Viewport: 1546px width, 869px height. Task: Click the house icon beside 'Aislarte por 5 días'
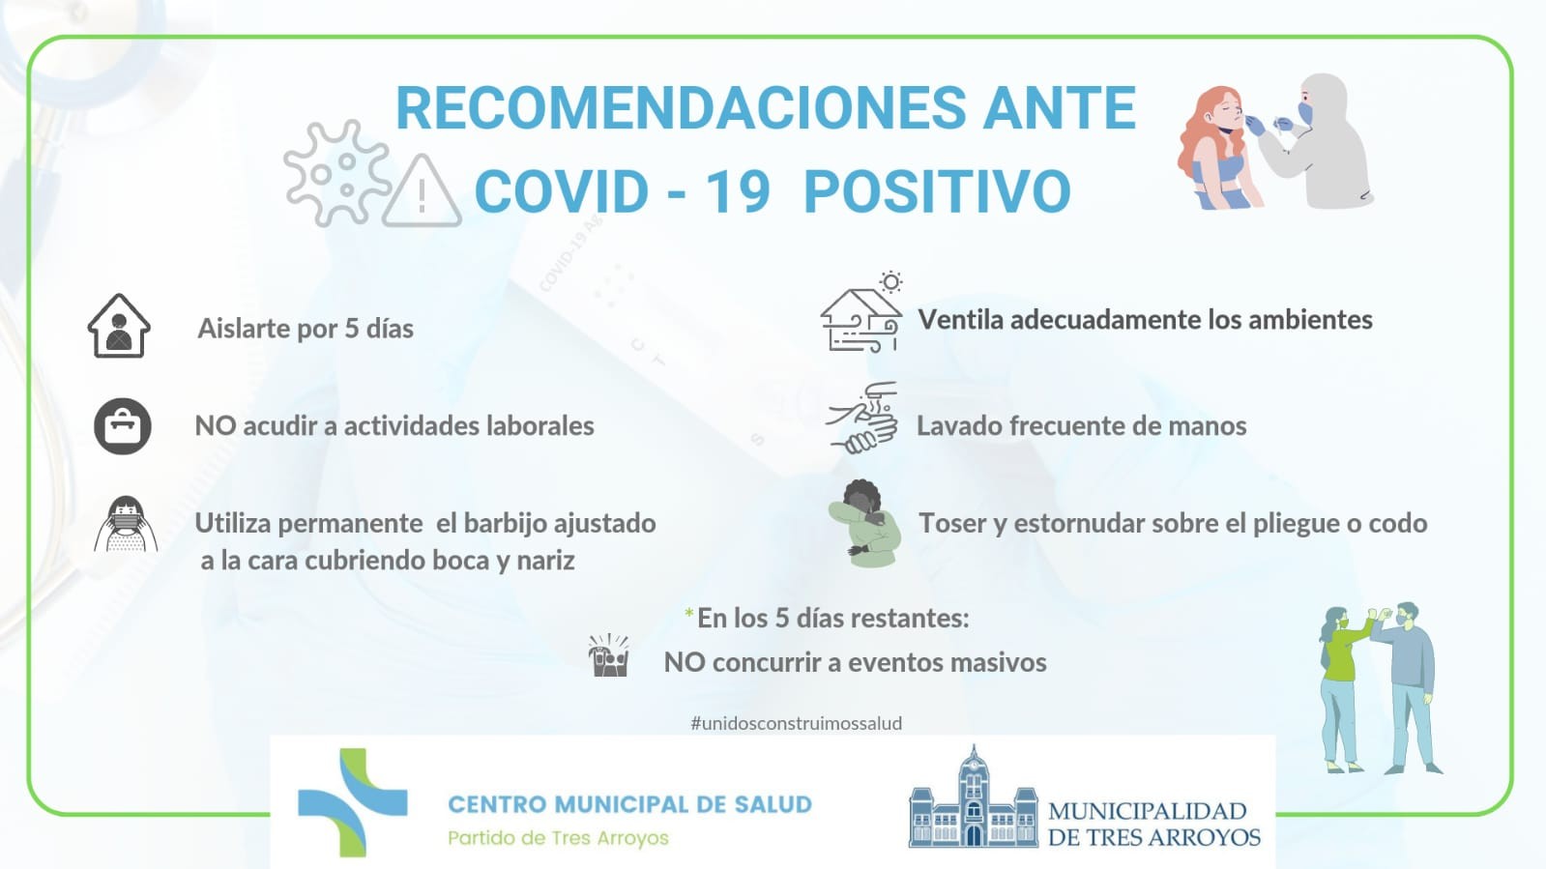119,326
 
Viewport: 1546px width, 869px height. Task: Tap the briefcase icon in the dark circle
122,426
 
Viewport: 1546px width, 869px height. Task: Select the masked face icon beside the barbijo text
126,524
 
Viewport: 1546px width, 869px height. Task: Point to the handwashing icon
862,419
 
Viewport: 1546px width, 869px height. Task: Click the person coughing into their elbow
865,523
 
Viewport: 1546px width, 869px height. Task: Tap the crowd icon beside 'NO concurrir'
609,654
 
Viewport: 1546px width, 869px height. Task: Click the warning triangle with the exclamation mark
422,191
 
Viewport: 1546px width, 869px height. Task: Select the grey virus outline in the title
336,173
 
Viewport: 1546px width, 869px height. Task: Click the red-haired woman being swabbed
1218,149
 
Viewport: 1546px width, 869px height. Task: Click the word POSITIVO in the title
937,191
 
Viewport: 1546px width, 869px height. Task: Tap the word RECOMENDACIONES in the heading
681,108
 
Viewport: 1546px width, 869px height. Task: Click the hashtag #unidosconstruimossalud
796,723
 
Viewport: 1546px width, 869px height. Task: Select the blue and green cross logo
353,802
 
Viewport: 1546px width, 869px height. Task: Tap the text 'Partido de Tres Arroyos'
558,838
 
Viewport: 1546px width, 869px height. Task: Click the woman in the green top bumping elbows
1341,689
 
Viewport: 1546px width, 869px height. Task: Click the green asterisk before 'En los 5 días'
688,613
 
